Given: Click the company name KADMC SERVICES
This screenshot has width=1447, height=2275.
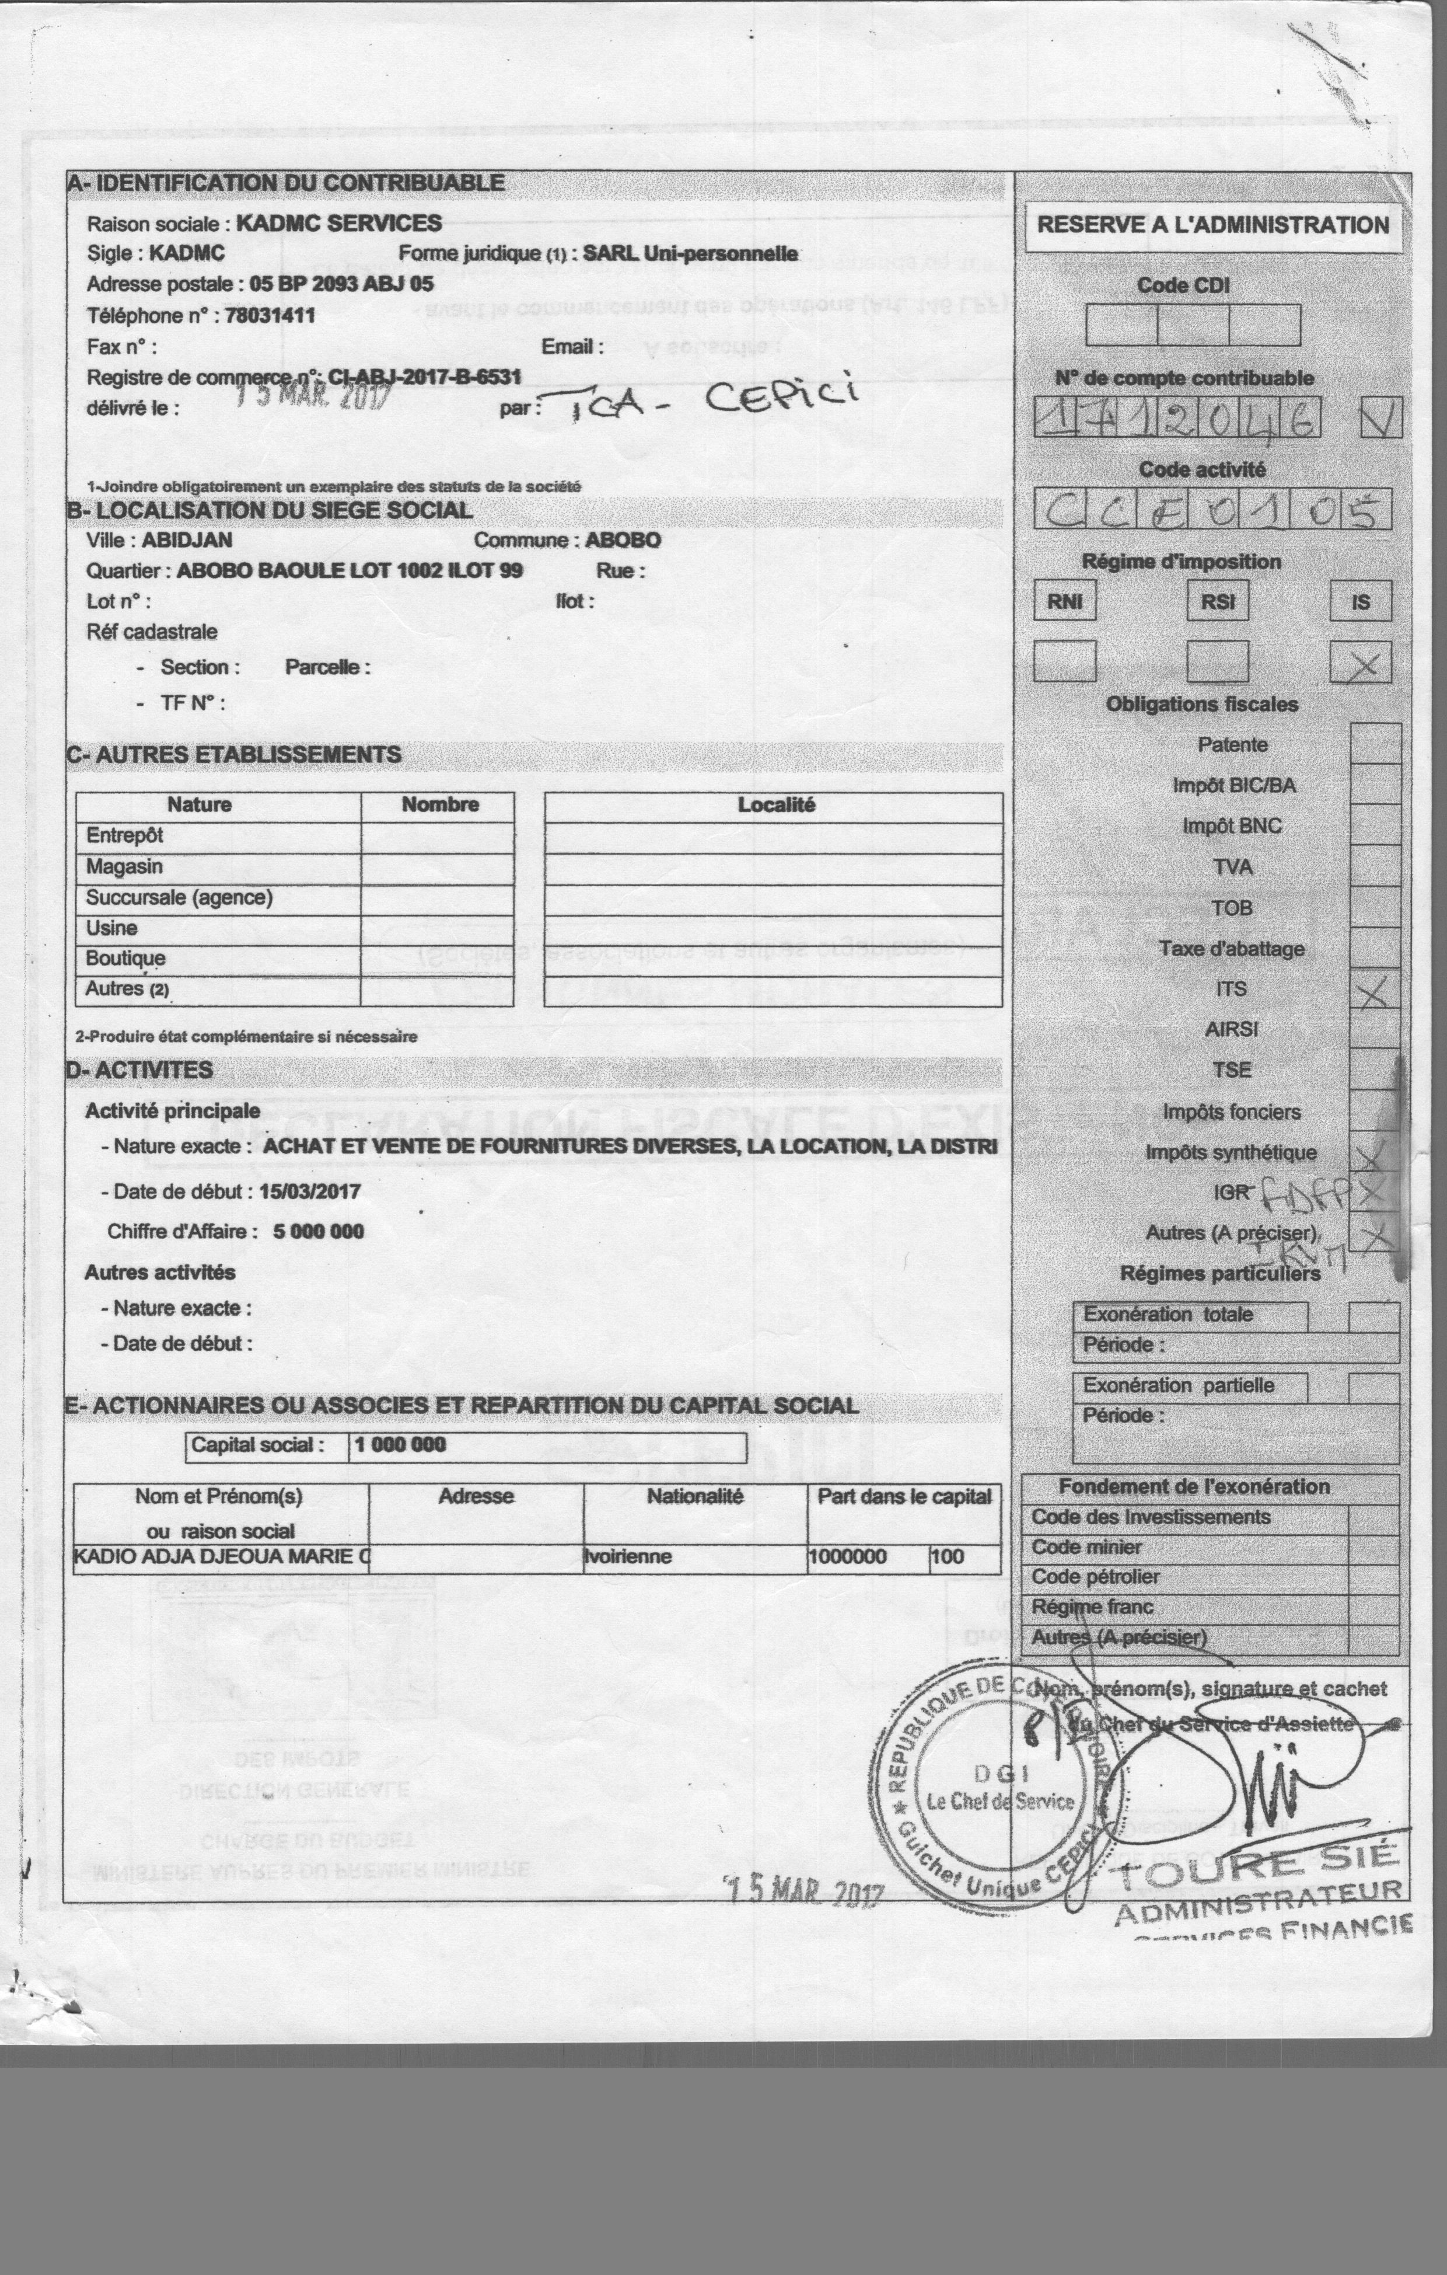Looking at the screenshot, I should click(338, 224).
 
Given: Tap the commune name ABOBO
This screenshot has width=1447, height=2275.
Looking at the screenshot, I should click(623, 541).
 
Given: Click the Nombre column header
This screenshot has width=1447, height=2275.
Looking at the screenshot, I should click(439, 805).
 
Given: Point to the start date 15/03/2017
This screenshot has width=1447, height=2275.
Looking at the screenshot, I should click(310, 1191).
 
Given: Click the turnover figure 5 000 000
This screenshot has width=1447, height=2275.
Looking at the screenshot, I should click(319, 1232).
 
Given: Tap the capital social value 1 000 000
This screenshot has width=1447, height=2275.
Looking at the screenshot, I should click(400, 1444).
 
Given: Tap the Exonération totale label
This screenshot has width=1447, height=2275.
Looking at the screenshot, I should click(1168, 1314).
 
